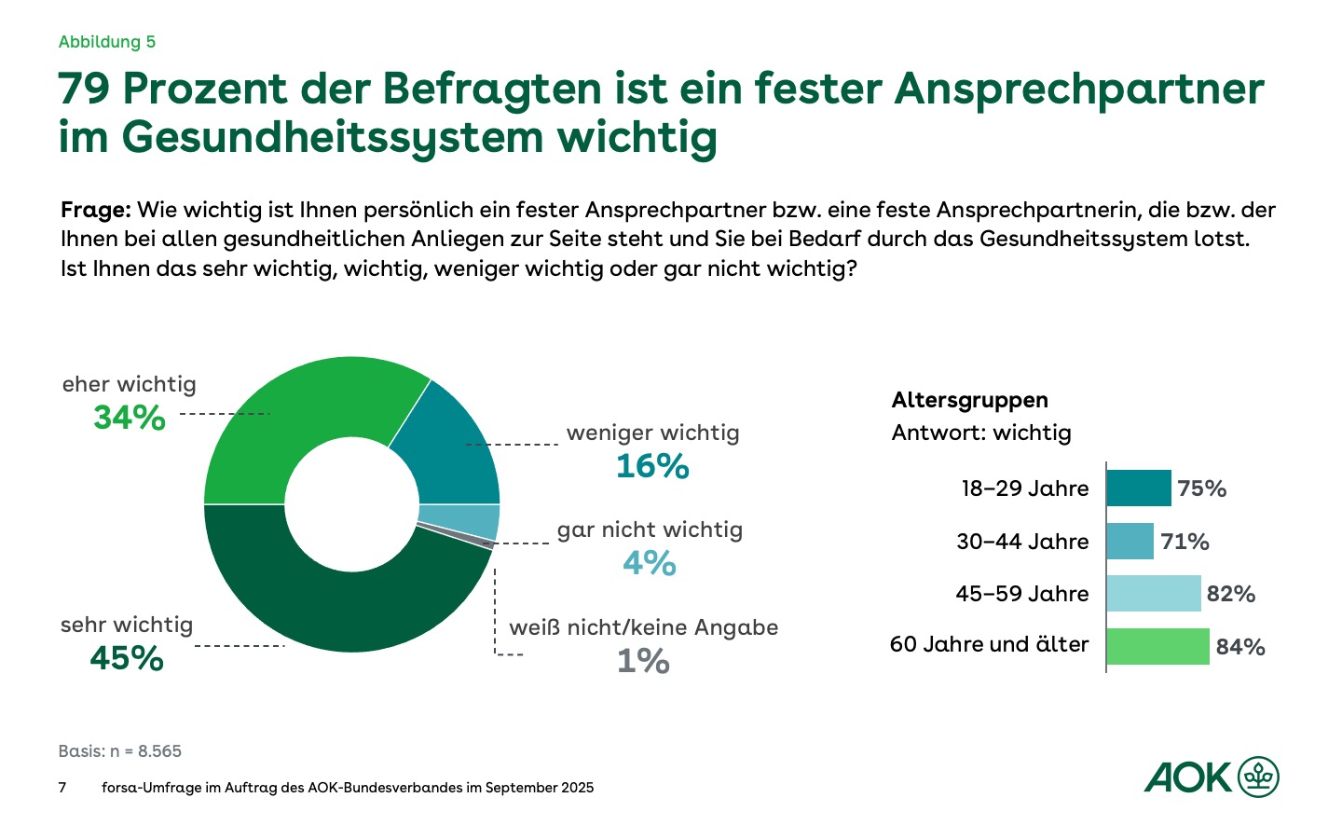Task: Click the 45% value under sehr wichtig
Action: click(x=127, y=659)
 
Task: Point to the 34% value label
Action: click(x=130, y=418)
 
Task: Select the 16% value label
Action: click(x=652, y=466)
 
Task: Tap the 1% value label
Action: click(x=643, y=662)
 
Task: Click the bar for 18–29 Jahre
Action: click(x=1139, y=488)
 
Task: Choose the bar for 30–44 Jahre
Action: click(x=1130, y=542)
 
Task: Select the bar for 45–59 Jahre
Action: click(x=1154, y=594)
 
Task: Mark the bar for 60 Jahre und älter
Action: click(x=1158, y=646)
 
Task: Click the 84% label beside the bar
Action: click(x=1240, y=647)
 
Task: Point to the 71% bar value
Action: click(x=1185, y=542)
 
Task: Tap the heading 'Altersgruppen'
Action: click(x=969, y=400)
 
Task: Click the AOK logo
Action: click(x=1212, y=777)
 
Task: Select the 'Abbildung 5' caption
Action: click(x=107, y=42)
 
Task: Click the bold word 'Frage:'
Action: click(x=95, y=210)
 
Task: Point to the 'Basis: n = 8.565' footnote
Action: click(x=120, y=751)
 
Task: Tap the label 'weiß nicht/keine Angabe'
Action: click(x=643, y=627)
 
